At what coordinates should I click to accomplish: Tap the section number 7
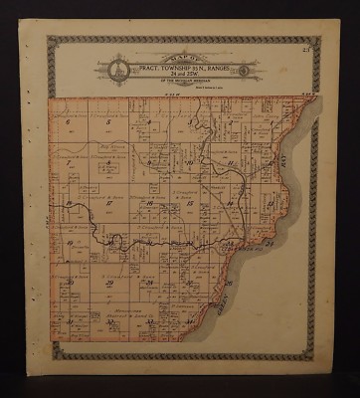67,162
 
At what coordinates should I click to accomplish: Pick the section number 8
104,162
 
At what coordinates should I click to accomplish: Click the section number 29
104,283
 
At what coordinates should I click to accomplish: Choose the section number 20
104,243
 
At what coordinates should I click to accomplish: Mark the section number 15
187,203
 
